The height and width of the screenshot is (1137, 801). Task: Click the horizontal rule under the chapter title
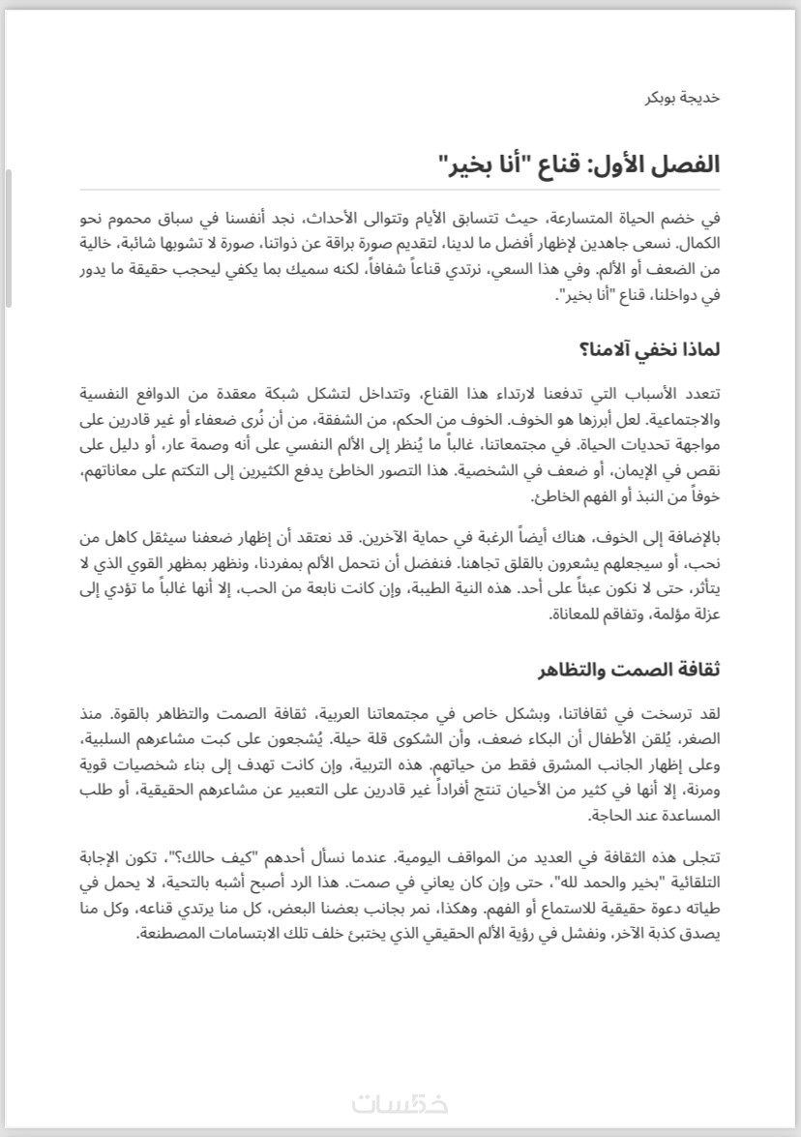[400, 190]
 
